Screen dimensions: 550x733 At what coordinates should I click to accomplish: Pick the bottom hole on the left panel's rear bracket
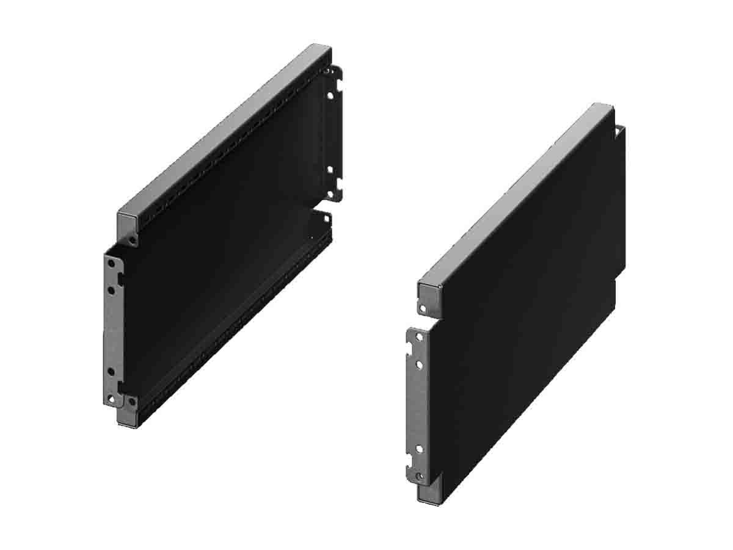[330, 194]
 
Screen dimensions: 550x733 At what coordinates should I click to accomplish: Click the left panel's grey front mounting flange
[112, 330]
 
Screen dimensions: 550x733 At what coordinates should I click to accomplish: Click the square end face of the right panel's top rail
[428, 291]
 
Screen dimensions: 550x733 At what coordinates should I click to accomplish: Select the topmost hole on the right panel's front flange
[418, 337]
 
